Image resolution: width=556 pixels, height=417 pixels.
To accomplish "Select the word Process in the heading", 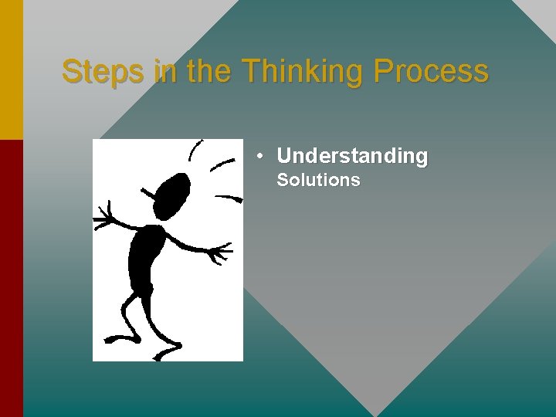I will pyautogui.click(x=431, y=72).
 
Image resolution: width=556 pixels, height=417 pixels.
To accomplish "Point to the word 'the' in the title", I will pyautogui.click(x=209, y=72).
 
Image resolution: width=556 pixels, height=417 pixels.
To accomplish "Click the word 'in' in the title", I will pyautogui.click(x=164, y=72).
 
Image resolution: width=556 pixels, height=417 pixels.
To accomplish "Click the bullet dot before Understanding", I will pyautogui.click(x=262, y=156).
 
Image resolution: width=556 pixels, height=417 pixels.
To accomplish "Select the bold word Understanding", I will pyautogui.click(x=352, y=156).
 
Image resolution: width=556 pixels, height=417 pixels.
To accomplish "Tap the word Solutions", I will pyautogui.click(x=318, y=181).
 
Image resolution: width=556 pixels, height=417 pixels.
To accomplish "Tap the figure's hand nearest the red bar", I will pyautogui.click(x=103, y=218).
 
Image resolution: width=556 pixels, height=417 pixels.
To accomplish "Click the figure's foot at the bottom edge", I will pyautogui.click(x=165, y=354).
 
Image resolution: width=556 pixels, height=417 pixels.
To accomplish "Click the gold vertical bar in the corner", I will pyautogui.click(x=12, y=69).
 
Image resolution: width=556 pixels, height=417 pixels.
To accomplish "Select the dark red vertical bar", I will pyautogui.click(x=12, y=278).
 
